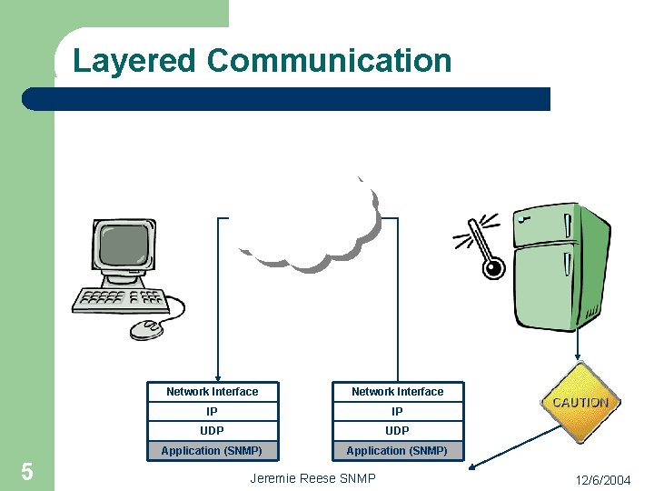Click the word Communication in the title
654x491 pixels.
click(x=329, y=61)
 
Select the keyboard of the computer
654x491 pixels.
click(x=121, y=299)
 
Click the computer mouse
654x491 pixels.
click(x=147, y=328)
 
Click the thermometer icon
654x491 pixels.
click(x=481, y=245)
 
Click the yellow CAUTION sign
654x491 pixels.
click(x=580, y=403)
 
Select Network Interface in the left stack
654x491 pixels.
click(x=213, y=392)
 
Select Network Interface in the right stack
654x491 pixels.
click(x=398, y=392)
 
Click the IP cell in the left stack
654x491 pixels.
click(x=213, y=411)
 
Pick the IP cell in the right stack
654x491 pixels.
click(x=398, y=411)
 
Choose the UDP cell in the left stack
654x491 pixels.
click(x=213, y=431)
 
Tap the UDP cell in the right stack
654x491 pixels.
click(x=398, y=431)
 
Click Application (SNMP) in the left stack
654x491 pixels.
click(x=213, y=451)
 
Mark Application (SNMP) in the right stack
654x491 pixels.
click(x=398, y=451)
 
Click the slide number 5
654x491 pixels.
click(x=27, y=472)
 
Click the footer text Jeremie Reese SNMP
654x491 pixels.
click(x=312, y=478)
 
